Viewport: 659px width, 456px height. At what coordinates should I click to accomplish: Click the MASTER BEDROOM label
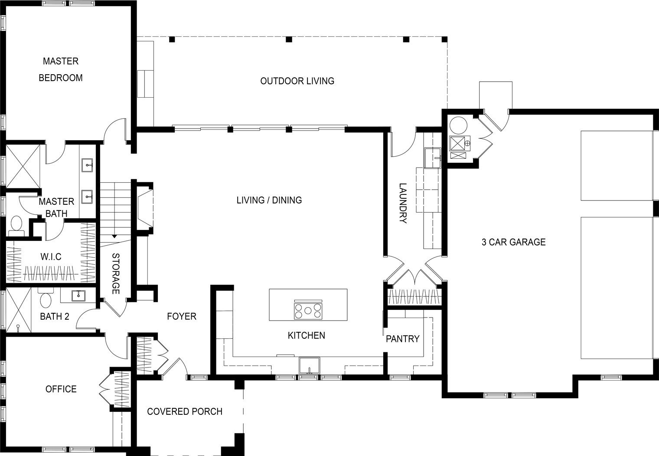[x=61, y=69]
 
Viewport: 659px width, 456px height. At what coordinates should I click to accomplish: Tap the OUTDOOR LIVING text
[x=297, y=81]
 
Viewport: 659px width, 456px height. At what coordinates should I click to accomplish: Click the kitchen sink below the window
[x=309, y=366]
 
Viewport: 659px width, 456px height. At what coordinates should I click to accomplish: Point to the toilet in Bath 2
[x=46, y=298]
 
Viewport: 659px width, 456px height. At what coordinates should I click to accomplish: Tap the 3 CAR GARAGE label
[x=514, y=242]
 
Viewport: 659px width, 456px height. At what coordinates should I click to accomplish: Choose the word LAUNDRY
[x=403, y=203]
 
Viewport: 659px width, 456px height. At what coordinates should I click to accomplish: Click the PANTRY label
[x=402, y=339]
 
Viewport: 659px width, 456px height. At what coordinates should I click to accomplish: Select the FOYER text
[x=182, y=316]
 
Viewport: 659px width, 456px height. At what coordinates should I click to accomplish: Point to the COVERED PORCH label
[x=185, y=412]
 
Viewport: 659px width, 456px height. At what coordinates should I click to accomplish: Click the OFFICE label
[x=61, y=389]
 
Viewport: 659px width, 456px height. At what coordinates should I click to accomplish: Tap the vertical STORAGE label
[x=116, y=273]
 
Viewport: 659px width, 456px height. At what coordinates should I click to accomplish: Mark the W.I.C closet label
[x=51, y=257]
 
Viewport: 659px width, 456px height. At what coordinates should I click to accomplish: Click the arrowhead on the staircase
[x=114, y=236]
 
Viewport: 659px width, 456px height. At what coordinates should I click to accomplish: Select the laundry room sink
[x=433, y=157]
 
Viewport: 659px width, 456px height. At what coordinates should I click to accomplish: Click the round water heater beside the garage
[x=458, y=126]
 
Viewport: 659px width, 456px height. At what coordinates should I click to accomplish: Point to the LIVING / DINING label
[x=269, y=200]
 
